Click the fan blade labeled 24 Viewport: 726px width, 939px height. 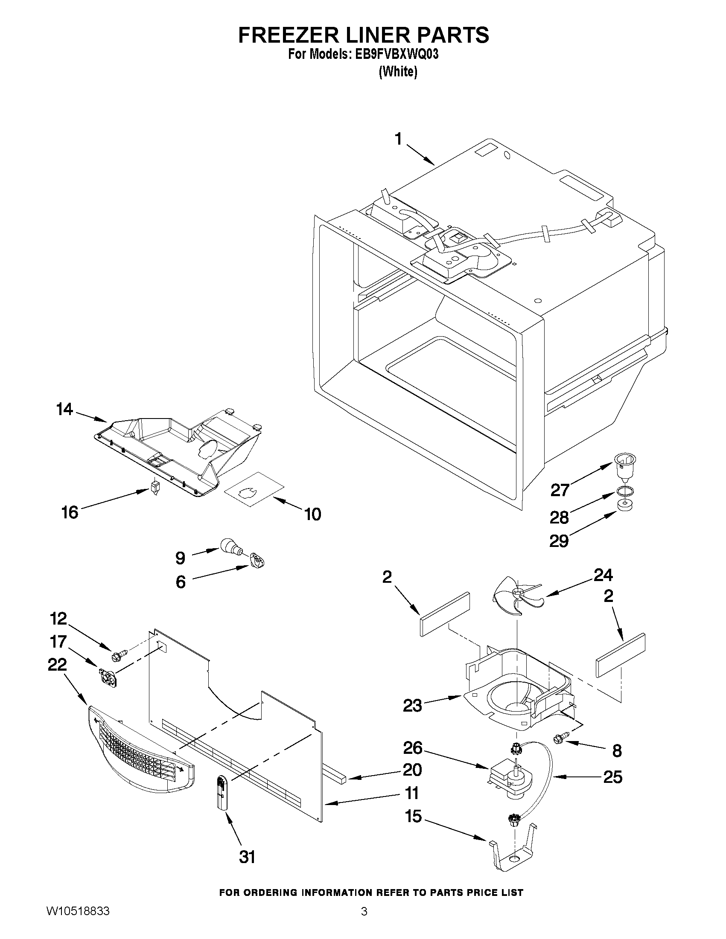[x=515, y=596]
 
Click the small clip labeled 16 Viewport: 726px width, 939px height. [x=155, y=487]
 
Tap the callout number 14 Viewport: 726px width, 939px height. [x=64, y=409]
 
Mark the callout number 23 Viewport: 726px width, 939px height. [x=412, y=705]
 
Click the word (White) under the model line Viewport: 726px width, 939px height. [x=397, y=72]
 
